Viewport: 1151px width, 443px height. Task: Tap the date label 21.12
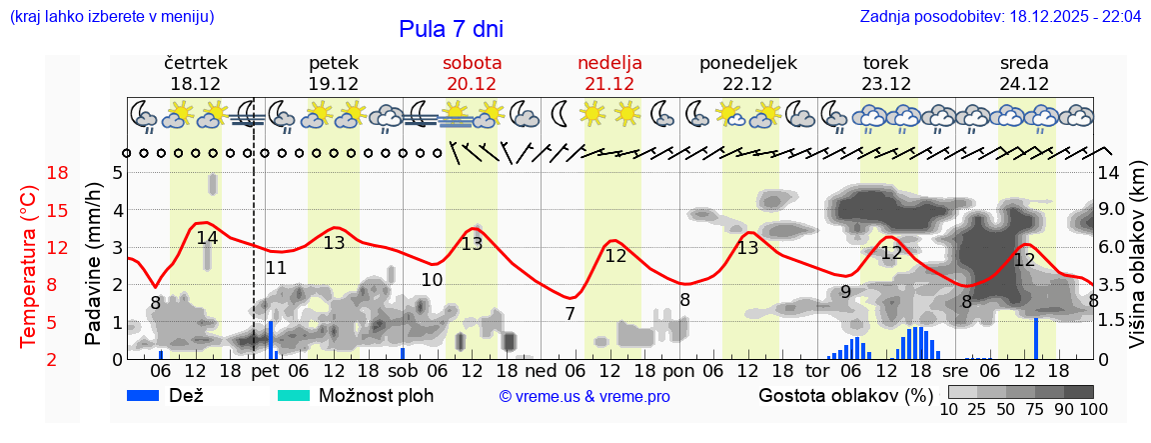[609, 84]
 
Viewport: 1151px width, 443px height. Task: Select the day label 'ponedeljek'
[748, 63]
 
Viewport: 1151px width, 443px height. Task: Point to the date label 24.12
[1024, 84]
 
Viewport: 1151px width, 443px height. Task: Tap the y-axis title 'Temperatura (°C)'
[28, 267]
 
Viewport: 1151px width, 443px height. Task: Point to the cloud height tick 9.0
[1112, 210]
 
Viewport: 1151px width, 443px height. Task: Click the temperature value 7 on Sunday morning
[570, 314]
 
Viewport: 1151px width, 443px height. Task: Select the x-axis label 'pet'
[265, 371]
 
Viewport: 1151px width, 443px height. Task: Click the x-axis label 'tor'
[818, 371]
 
